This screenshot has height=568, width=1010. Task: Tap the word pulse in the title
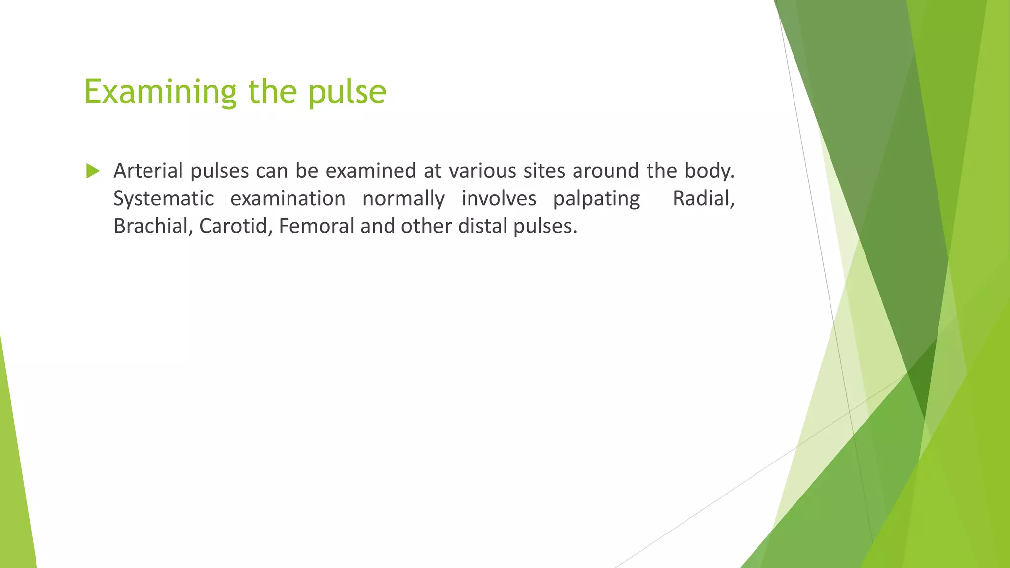coord(347,92)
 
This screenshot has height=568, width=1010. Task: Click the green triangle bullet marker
coord(92,171)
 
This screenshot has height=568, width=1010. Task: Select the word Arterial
coord(148,171)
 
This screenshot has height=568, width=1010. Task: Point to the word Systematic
coord(164,199)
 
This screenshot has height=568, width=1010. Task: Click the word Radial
coord(703,199)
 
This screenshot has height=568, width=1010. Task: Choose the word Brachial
coord(153,226)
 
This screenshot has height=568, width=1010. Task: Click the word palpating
coord(596,199)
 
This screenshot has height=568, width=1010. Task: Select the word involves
coord(499,199)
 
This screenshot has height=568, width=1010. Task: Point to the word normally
coord(403,199)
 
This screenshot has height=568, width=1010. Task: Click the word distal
coord(482,226)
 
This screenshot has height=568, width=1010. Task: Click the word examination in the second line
coord(288,199)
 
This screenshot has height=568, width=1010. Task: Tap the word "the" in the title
coord(272,92)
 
